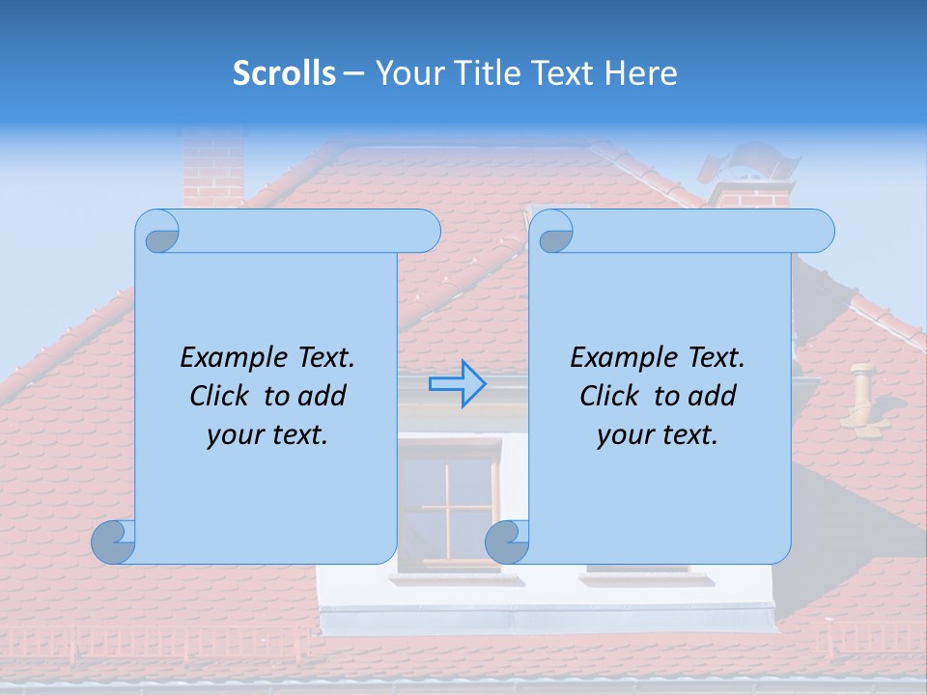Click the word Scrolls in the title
point(284,73)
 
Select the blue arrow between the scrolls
point(457,384)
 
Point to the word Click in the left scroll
point(224,396)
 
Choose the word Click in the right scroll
point(614,396)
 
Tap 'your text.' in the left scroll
point(267,434)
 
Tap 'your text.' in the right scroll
point(658,434)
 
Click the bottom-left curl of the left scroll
point(113,542)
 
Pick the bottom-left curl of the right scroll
point(506,542)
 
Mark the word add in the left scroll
point(322,396)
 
